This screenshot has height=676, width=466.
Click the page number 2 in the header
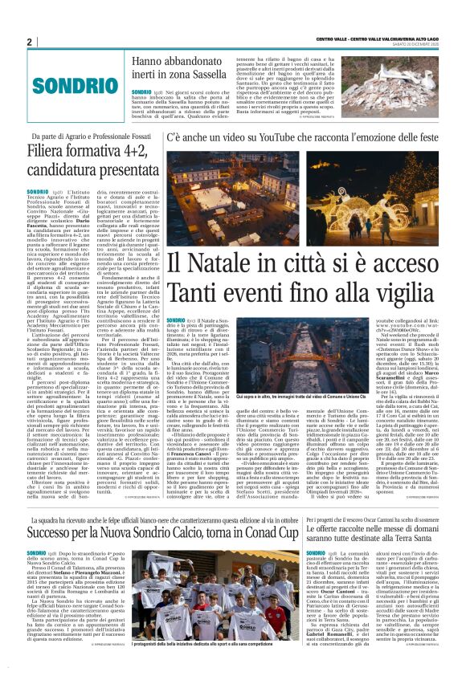coord(30,42)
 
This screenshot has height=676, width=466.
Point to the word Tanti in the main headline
coord(189,291)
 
